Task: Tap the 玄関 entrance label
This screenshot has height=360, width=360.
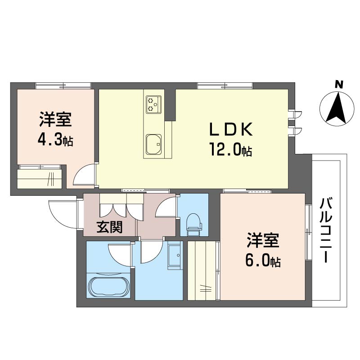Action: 110,227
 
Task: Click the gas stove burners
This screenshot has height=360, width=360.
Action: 153,104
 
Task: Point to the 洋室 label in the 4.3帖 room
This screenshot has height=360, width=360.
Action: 55,120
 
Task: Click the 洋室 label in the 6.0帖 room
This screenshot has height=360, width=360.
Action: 263,241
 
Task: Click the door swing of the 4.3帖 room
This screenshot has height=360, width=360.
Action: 84,175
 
